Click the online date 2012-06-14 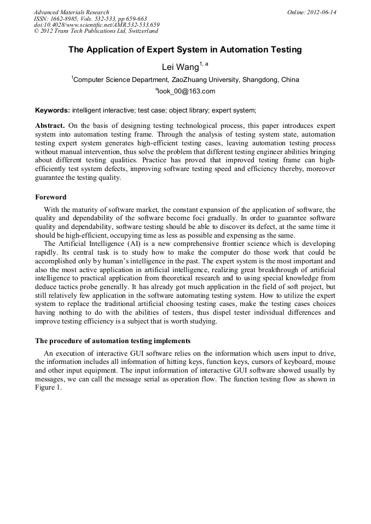[x=322, y=12]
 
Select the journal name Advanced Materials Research [x=71, y=12]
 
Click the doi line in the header [x=96, y=25]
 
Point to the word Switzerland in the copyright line [x=141, y=31]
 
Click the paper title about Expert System [x=185, y=50]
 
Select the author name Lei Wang [x=180, y=67]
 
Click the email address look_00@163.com [x=186, y=91]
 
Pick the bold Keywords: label [x=53, y=110]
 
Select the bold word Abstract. [x=50, y=126]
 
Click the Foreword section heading [x=50, y=197]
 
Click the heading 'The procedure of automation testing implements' [x=113, y=340]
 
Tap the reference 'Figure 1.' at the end [x=48, y=387]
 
